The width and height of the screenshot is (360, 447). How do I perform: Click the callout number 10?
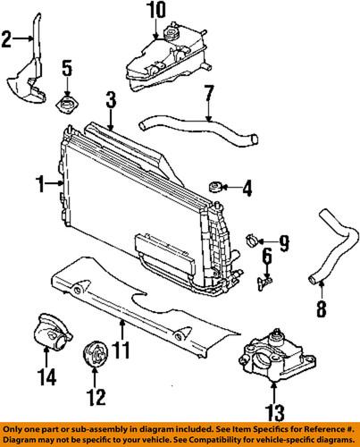(x=156, y=11)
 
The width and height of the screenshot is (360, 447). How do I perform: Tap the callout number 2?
(x=7, y=38)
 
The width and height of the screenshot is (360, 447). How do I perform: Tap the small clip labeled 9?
(x=253, y=239)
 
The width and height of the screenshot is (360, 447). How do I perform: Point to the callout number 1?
(x=40, y=184)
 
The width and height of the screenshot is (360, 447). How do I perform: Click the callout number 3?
(x=111, y=97)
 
